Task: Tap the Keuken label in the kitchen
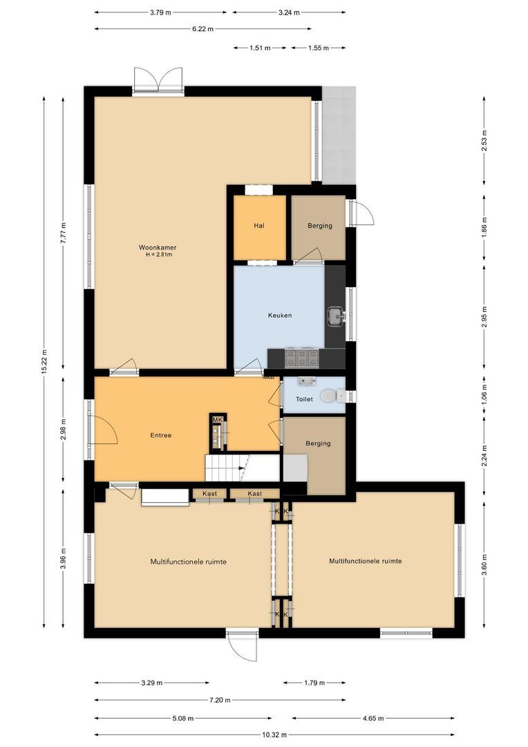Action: pyautogui.click(x=280, y=315)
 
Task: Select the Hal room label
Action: pyautogui.click(x=259, y=225)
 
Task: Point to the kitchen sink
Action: pyautogui.click(x=337, y=316)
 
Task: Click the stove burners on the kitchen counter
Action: pyautogui.click(x=302, y=358)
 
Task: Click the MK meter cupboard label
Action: pyautogui.click(x=217, y=421)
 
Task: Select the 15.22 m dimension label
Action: pyautogui.click(x=44, y=360)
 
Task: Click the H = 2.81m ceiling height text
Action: pyautogui.click(x=158, y=255)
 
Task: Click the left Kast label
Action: pyautogui.click(x=210, y=493)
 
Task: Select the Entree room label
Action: pyautogui.click(x=160, y=436)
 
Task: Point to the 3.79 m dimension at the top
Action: pyautogui.click(x=160, y=12)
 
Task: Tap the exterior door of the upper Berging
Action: pyautogui.click(x=361, y=213)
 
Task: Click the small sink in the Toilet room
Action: pyautogui.click(x=306, y=380)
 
